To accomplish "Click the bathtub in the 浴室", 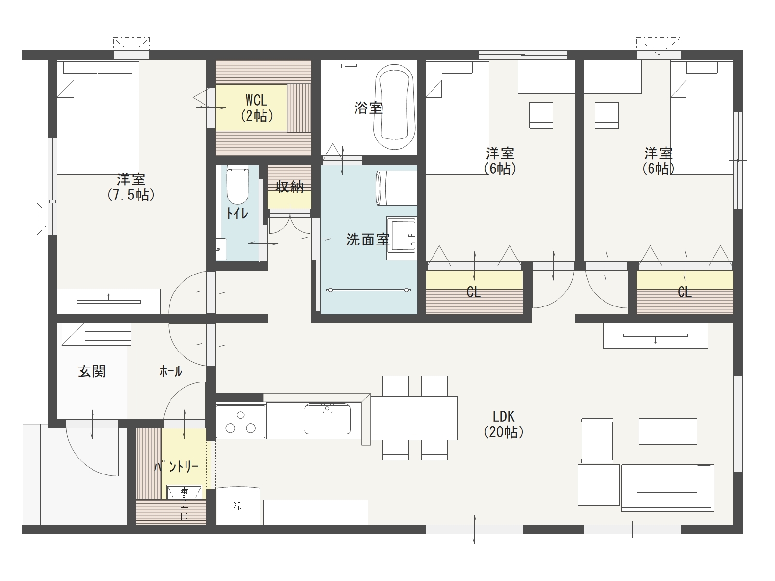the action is (394, 107).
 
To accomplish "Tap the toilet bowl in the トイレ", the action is (237, 185).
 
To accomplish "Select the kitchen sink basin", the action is (327, 419).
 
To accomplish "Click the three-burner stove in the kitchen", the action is (240, 422).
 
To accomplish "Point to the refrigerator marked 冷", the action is (238, 506).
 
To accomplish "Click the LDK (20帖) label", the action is (503, 425).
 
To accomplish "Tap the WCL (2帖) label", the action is (257, 108).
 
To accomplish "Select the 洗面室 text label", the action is (368, 240).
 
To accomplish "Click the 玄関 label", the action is (92, 371).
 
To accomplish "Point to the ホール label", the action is (171, 371).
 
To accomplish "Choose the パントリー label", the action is (176, 467).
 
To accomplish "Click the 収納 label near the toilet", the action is (290, 186).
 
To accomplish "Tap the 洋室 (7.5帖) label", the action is (131, 187).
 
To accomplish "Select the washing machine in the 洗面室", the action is (397, 188).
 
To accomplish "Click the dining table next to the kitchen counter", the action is (414, 418).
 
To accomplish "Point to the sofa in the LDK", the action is (667, 488).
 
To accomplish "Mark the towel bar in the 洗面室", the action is (369, 290).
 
